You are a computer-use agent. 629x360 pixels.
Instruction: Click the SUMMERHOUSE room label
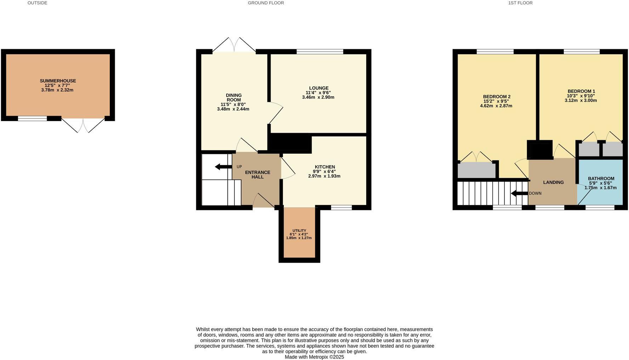coord(58,81)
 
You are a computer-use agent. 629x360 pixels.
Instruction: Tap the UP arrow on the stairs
coord(223,167)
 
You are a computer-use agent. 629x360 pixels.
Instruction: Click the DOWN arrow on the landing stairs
coord(519,193)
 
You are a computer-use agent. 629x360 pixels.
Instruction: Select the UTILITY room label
coord(299,230)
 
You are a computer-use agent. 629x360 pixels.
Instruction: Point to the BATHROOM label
coord(601,178)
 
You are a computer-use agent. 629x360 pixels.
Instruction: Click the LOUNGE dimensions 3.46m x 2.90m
coord(318,97)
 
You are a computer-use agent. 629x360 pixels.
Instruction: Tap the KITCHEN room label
coord(325,167)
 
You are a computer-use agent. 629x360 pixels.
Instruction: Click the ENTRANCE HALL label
coord(257,175)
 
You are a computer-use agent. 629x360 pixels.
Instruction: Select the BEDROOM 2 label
coord(497,97)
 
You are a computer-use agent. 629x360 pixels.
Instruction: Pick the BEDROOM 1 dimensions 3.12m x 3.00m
coord(580,100)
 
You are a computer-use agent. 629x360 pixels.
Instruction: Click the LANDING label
coord(553,182)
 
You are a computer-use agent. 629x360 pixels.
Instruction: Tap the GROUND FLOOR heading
coord(266,3)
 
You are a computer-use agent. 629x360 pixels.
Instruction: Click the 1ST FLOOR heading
coord(520,3)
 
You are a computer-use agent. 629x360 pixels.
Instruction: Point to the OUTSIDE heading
coord(37,3)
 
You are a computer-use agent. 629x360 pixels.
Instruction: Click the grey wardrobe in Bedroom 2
coord(476,171)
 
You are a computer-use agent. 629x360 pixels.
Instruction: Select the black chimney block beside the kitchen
coord(290,143)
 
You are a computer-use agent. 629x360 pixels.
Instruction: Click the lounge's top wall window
coord(320,52)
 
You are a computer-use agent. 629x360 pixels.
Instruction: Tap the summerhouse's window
coord(32,119)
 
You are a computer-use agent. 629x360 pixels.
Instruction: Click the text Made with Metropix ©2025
coord(314,357)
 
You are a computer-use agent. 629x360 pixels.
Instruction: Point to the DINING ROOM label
coord(233,97)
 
